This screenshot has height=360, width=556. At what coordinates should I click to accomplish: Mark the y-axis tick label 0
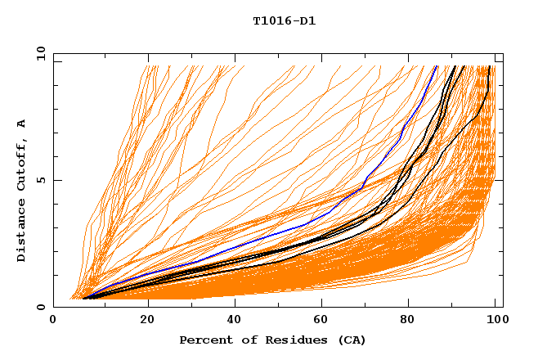(40, 308)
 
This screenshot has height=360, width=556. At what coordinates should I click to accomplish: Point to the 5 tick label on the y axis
(40, 180)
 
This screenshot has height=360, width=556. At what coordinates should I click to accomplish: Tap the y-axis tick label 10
(38, 53)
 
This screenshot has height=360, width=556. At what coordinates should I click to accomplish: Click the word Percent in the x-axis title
(204, 340)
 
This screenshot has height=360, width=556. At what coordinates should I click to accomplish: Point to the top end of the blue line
(437, 66)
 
